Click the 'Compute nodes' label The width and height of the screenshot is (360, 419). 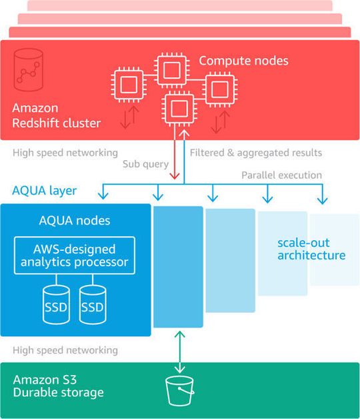[x=243, y=61]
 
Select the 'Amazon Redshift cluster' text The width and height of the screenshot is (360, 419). [x=56, y=115]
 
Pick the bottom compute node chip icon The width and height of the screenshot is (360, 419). [x=179, y=109]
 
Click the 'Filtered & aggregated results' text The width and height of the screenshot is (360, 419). [x=255, y=153]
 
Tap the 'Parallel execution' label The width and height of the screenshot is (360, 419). [x=281, y=175]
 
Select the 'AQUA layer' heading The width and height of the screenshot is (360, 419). [x=45, y=191]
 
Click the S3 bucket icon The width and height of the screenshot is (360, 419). [x=179, y=392]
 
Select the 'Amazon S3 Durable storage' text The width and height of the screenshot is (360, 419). [x=58, y=386]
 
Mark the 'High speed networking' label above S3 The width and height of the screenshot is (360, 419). [x=65, y=350]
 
